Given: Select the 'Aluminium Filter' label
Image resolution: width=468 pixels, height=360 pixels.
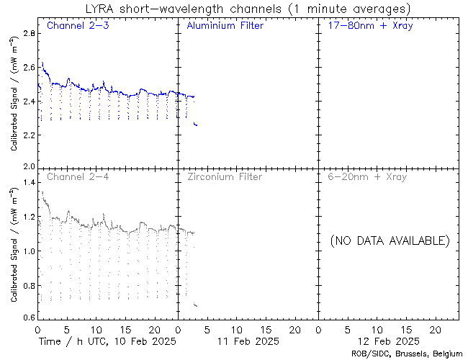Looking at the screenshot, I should [x=225, y=26].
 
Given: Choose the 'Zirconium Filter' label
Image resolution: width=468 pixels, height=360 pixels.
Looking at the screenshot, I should [x=224, y=176].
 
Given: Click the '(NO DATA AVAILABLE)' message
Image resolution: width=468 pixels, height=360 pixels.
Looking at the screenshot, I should [x=390, y=240].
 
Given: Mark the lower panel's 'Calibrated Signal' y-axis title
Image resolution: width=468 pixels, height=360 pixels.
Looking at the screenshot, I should [x=14, y=245].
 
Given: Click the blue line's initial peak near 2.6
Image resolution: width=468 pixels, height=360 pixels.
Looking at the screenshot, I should [x=42, y=63].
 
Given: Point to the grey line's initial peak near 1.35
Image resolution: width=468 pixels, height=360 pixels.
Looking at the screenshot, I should [x=42, y=192].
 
